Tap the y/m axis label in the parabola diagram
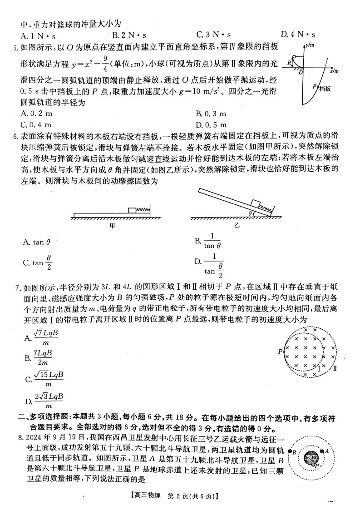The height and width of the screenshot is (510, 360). tap(311, 45)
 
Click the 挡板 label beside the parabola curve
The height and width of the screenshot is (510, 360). tap(325, 89)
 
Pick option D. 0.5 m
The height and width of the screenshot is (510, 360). tap(211, 124)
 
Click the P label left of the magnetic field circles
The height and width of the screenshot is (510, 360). tap(280, 351)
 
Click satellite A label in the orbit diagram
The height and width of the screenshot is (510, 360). tap(326, 451)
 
